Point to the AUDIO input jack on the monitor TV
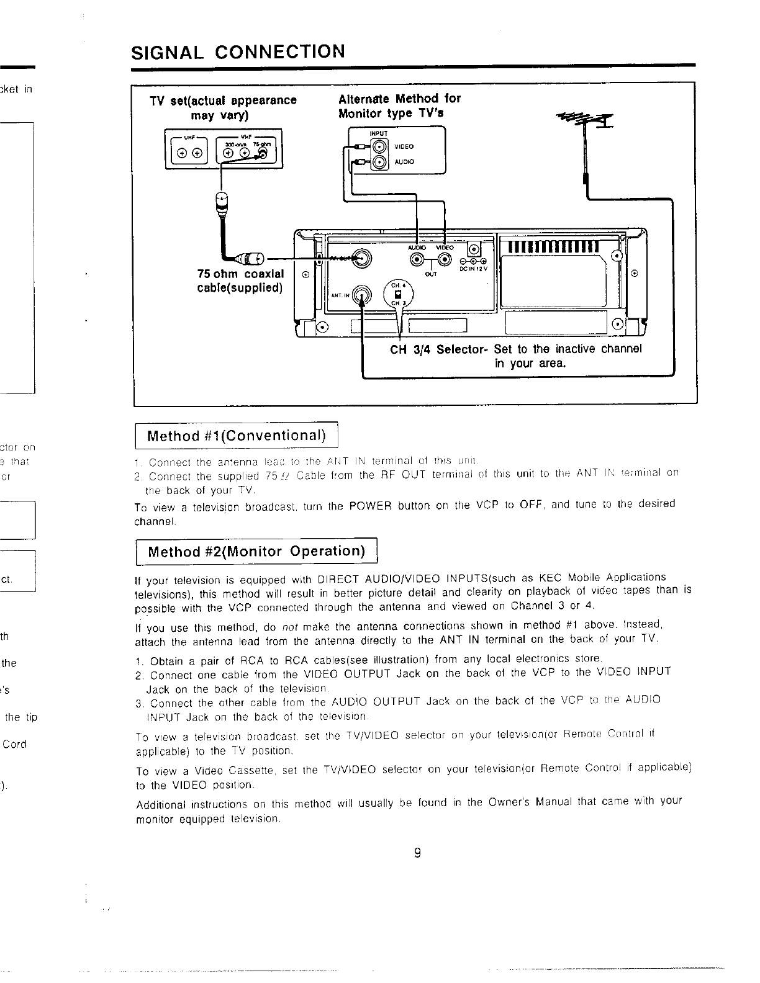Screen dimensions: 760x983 click(x=378, y=163)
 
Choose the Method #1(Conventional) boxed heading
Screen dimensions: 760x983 click(x=236, y=435)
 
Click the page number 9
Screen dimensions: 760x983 click(x=417, y=853)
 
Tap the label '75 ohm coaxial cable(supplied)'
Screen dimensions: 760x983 click(x=240, y=281)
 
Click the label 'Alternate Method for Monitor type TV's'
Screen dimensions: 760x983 click(x=399, y=106)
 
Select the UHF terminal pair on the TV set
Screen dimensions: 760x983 click(x=189, y=153)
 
